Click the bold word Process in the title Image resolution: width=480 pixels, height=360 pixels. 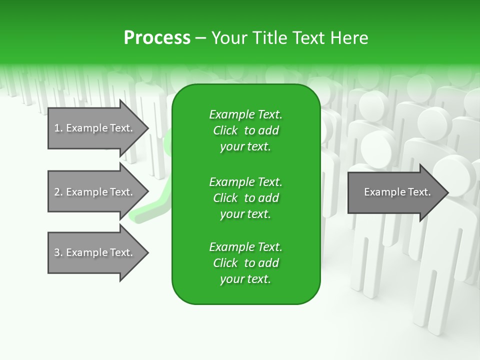[157, 38]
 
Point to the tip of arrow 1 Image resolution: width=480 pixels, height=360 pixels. [147, 128]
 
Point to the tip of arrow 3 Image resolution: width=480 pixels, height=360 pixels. [147, 252]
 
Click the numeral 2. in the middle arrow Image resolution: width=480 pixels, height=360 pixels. [58, 192]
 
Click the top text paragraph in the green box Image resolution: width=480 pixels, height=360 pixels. [245, 130]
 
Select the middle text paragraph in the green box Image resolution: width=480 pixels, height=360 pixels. [245, 197]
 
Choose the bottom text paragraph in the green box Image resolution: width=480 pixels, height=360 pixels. [245, 263]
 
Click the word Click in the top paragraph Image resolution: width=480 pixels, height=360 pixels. [225, 130]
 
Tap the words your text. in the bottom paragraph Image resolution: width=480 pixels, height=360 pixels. [245, 279]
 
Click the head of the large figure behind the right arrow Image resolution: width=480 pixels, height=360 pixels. [452, 175]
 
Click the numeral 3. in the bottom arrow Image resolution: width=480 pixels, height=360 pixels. [58, 252]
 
